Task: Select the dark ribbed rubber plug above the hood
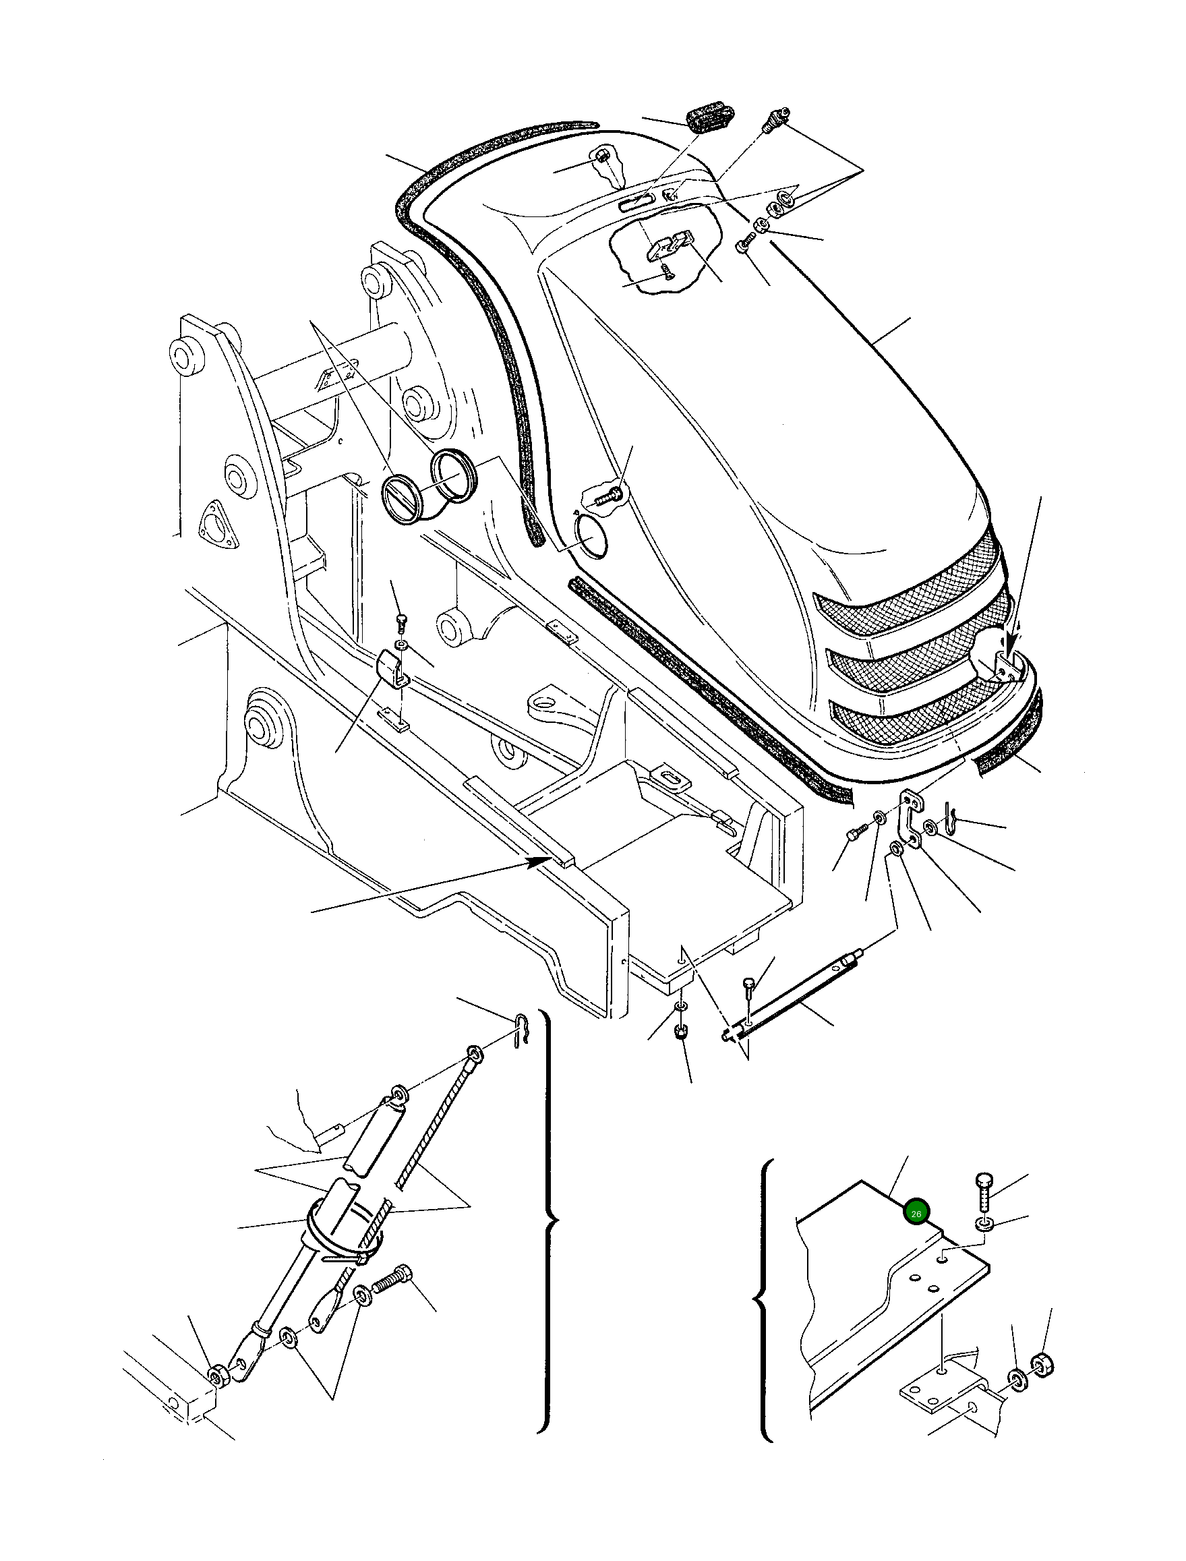click(x=710, y=117)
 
